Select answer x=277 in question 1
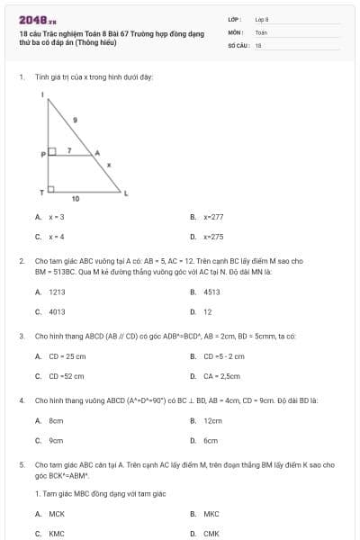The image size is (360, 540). [212, 217]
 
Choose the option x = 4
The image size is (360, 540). [56, 237]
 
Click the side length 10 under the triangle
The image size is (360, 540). [76, 198]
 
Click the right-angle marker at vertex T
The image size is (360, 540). [51, 190]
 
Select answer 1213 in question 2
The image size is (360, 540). [57, 292]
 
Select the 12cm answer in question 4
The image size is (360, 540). [212, 421]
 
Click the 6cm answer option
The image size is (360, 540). [211, 440]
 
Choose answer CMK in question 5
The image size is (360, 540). [211, 533]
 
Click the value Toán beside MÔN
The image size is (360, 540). [261, 31]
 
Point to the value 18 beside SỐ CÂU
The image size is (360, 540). [258, 45]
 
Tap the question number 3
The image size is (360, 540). [21, 336]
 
